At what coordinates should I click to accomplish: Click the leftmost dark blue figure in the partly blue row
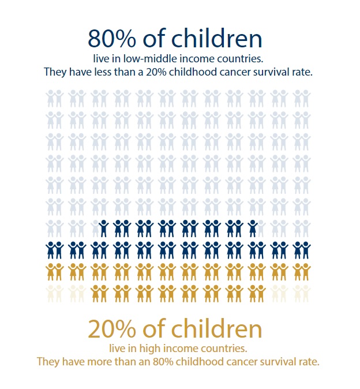tap(103, 229)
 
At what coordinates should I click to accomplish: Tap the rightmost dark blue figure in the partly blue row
tap(253, 229)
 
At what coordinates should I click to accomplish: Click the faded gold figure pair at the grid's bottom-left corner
tap(54, 293)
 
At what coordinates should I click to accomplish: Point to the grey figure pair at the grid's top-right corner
tap(301, 98)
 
